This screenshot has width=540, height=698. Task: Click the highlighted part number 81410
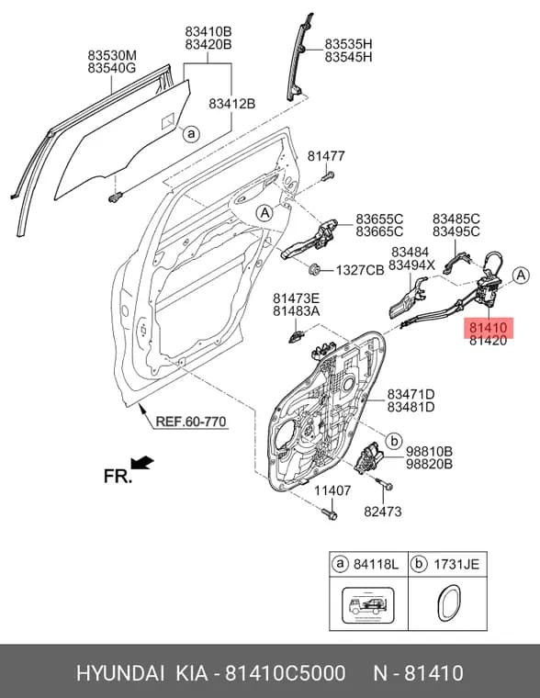point(488,328)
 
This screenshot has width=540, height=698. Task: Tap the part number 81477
point(326,156)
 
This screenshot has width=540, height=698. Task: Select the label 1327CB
point(360,270)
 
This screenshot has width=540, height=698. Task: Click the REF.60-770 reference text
point(191,422)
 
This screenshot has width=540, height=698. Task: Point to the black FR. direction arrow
point(142,463)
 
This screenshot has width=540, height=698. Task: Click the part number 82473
point(382,512)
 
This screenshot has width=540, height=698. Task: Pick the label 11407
point(332,490)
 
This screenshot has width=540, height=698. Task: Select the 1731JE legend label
point(456,564)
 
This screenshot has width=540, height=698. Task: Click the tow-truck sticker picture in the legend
point(367,605)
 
